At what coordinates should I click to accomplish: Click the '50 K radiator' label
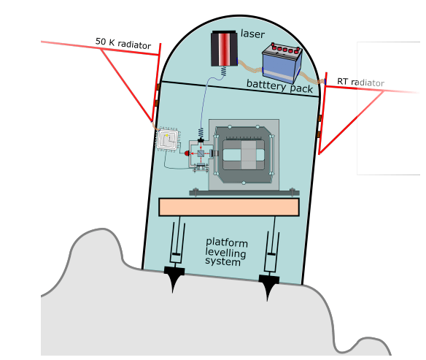[123, 43]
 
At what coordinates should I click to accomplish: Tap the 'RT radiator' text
[360, 82]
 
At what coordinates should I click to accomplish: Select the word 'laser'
[253, 34]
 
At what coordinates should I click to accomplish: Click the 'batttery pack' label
[279, 86]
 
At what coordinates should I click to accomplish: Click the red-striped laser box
[223, 48]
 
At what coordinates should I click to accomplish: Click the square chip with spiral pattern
[169, 139]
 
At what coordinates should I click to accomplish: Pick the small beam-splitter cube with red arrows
[201, 153]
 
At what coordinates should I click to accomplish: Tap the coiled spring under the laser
[223, 72]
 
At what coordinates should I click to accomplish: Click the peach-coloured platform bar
[228, 207]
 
